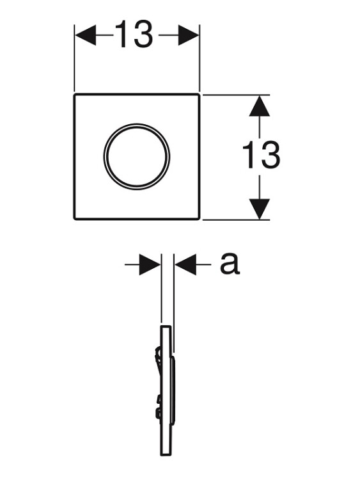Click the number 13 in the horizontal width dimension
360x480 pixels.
134,35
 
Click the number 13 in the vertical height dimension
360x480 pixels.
261,156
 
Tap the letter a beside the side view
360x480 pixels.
230,264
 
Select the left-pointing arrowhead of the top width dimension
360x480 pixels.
86,35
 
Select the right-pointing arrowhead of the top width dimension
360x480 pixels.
189,35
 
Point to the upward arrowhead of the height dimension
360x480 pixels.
260,106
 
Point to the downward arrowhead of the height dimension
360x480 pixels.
260,209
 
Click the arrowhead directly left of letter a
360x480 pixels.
185,264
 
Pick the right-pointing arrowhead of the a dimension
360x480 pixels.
150,264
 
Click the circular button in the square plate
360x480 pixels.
136,156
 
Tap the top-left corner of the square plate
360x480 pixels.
74,95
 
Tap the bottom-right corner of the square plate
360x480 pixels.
199,219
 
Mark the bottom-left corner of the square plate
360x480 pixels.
74,219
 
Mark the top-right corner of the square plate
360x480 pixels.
199,95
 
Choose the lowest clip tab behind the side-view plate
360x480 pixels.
159,413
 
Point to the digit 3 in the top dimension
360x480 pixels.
143,35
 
